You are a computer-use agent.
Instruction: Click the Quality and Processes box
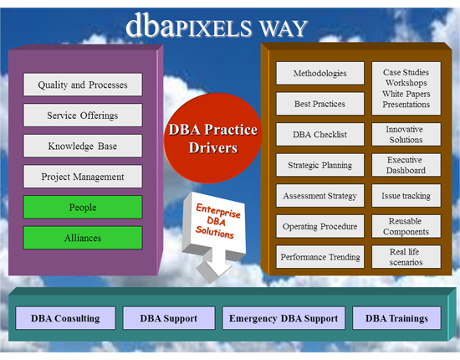(x=83, y=85)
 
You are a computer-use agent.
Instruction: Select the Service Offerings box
(x=83, y=115)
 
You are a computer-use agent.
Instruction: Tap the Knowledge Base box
(x=83, y=146)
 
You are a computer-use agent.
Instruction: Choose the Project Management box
(x=83, y=177)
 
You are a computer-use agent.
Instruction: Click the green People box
(x=83, y=207)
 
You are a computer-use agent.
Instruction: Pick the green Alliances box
(x=83, y=238)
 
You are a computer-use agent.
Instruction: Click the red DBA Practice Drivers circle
(x=212, y=138)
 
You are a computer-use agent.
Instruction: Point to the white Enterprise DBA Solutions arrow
(x=214, y=235)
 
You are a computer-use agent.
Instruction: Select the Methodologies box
(x=320, y=73)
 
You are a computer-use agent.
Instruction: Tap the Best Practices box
(x=320, y=104)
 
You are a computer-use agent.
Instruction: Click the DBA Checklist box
(x=320, y=134)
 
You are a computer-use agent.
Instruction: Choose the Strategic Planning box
(x=320, y=165)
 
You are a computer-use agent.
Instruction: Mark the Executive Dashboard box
(x=406, y=165)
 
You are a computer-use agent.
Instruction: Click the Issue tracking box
(x=406, y=196)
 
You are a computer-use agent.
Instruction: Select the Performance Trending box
(x=320, y=257)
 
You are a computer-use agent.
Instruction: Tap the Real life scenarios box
(x=406, y=257)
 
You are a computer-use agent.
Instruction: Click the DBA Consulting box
(x=65, y=318)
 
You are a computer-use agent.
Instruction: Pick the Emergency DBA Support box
(x=284, y=318)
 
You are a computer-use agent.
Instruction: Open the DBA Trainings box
(x=396, y=318)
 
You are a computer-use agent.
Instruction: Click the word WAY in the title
(x=284, y=28)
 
